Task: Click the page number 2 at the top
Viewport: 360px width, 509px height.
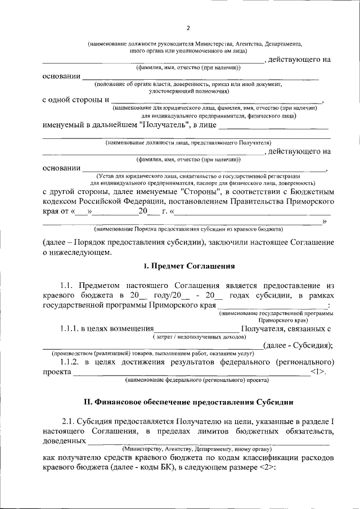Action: [x=188, y=28]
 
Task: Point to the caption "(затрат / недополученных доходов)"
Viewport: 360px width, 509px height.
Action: [x=199, y=336]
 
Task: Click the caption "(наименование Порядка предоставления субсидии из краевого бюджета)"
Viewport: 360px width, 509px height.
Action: [x=188, y=229]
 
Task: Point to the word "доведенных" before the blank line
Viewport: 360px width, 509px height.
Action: [x=64, y=442]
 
